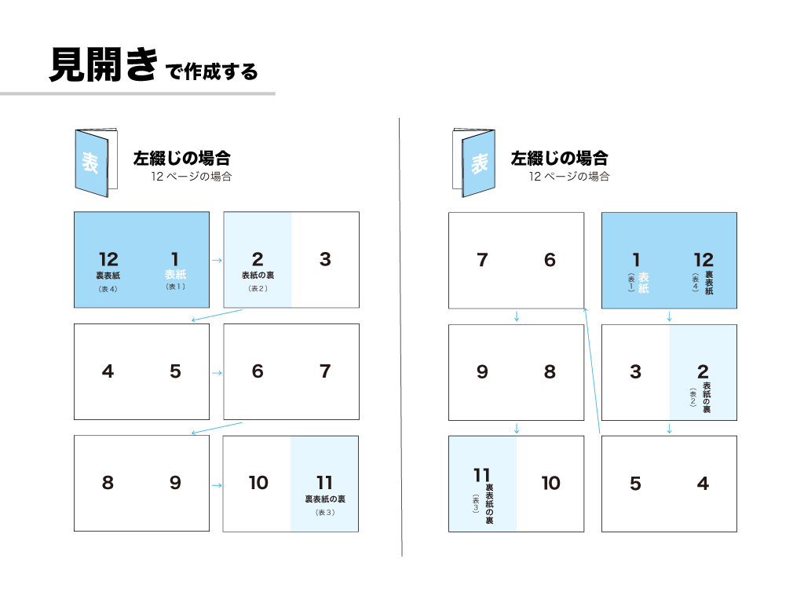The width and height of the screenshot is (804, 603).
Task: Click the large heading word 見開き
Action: [x=104, y=64]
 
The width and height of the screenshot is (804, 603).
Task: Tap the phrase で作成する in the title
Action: [x=212, y=71]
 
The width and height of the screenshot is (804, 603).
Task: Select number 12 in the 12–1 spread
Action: [x=108, y=259]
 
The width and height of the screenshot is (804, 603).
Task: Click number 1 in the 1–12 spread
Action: [x=636, y=259]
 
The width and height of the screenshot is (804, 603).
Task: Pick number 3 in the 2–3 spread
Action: [x=325, y=259]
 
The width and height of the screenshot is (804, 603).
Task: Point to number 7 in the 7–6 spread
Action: [x=482, y=259]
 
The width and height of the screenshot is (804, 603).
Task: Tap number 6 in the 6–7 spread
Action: [x=258, y=371]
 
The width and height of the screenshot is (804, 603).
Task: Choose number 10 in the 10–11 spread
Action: [x=258, y=483]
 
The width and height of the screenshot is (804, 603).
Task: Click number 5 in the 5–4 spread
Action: [x=635, y=483]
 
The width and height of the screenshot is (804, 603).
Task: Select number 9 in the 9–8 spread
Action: [x=482, y=371]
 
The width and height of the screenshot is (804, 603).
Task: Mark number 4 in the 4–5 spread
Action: [x=108, y=371]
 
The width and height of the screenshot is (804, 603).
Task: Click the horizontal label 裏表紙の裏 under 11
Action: [x=325, y=499]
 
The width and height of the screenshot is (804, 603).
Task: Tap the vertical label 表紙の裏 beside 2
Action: [x=707, y=397]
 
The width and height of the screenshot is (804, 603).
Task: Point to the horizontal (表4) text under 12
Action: [x=108, y=289]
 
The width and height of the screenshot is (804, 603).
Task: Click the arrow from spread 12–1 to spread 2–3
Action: [x=217, y=261]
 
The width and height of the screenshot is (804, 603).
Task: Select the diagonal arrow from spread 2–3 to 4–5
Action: [x=217, y=316]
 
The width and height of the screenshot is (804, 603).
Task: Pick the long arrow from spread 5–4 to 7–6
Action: [x=592, y=371]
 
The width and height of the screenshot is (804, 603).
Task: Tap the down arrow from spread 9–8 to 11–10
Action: [x=517, y=429]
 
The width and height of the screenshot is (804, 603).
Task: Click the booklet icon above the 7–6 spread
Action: [x=473, y=163]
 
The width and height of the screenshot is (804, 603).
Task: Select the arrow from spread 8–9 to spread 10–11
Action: [x=217, y=485]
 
